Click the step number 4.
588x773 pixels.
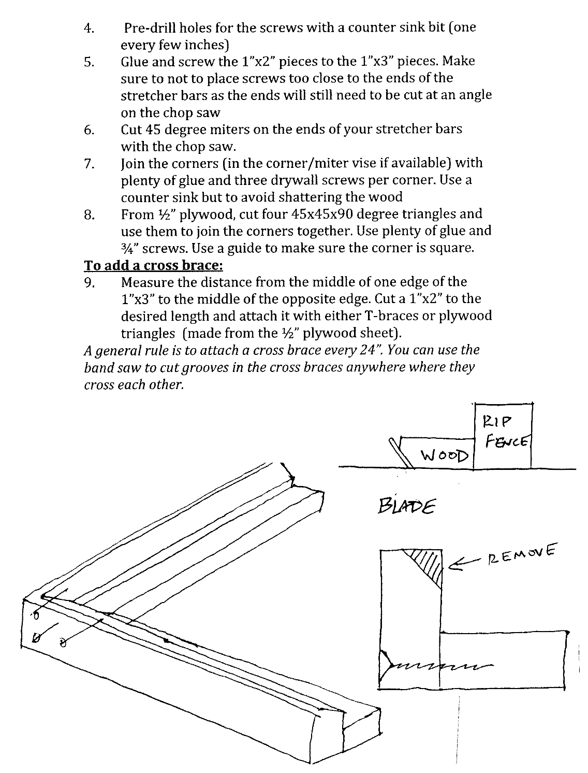pos(89,28)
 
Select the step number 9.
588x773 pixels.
pos(89,283)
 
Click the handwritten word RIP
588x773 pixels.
pos(496,421)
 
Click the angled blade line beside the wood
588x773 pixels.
pos(402,453)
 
